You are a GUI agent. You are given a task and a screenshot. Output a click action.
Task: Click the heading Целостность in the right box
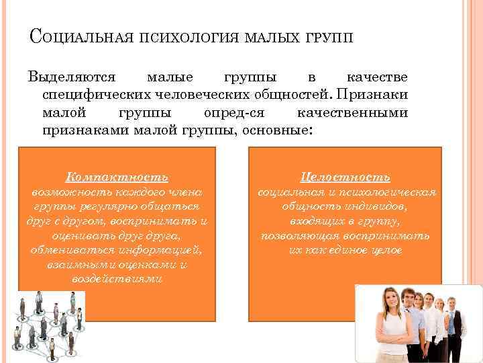pyautogui.click(x=346, y=177)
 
